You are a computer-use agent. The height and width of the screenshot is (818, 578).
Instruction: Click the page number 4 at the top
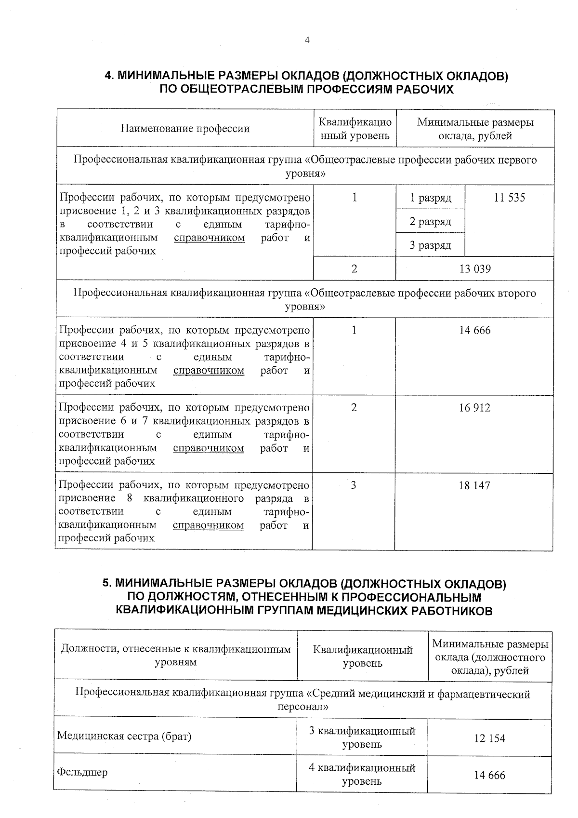pyautogui.click(x=307, y=40)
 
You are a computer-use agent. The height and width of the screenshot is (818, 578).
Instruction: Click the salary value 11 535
pyautogui.click(x=509, y=198)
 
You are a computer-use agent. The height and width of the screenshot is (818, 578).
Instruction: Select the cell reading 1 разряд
pyautogui.click(x=430, y=198)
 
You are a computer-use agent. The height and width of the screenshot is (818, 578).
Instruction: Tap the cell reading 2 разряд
pyautogui.click(x=430, y=221)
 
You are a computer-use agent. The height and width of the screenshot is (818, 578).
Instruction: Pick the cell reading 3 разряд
pyautogui.click(x=430, y=245)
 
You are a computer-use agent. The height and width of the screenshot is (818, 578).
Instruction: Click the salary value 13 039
pyautogui.click(x=475, y=269)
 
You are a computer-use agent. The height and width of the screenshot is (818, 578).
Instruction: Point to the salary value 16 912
pyautogui.click(x=474, y=408)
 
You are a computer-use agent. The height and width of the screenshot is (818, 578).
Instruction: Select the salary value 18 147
pyautogui.click(x=474, y=485)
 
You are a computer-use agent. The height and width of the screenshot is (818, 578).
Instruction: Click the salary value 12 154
pyautogui.click(x=489, y=738)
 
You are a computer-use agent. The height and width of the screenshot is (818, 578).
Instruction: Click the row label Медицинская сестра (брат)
pyautogui.click(x=124, y=736)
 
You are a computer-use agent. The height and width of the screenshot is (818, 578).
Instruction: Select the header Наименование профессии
pyautogui.click(x=185, y=129)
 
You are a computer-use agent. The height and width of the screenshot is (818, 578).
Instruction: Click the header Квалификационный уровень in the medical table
pyautogui.click(x=362, y=656)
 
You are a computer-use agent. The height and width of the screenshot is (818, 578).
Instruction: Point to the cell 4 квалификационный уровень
pyautogui.click(x=362, y=774)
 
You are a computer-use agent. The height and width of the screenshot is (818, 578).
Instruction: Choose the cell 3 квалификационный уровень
pyautogui.click(x=362, y=738)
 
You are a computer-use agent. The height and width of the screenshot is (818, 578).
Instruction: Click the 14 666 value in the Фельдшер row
pyautogui.click(x=489, y=775)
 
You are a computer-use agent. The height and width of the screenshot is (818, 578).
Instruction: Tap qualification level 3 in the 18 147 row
pyautogui.click(x=354, y=485)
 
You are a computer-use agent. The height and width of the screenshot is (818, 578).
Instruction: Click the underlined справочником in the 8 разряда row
pyautogui.click(x=208, y=525)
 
